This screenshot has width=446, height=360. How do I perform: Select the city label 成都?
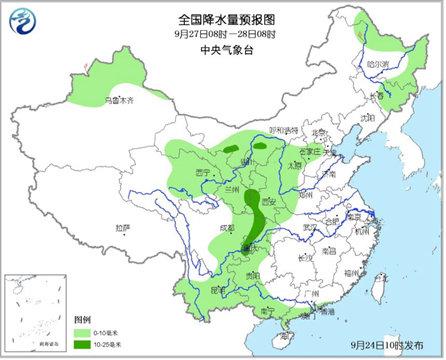(213, 229)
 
